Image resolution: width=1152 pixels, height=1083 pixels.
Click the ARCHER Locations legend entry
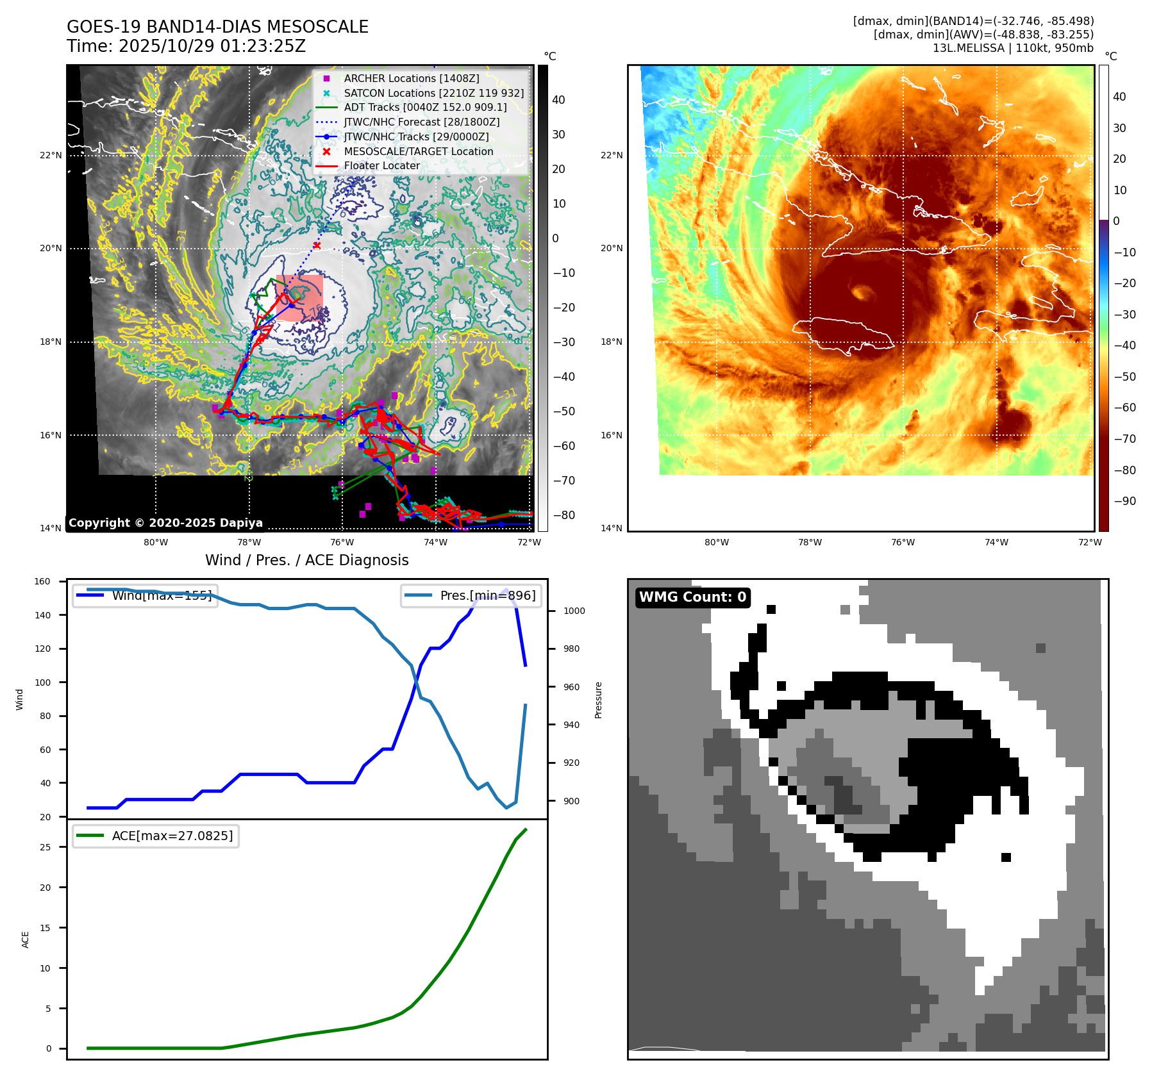tap(411, 78)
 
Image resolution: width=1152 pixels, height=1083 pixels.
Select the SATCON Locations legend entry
tap(433, 93)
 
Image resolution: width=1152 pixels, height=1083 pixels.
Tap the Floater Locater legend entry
tap(381, 165)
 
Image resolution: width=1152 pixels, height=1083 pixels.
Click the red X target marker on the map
tap(317, 245)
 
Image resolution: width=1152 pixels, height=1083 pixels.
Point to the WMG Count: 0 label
tap(692, 597)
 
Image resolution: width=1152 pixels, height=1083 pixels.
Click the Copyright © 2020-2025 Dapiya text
tap(165, 523)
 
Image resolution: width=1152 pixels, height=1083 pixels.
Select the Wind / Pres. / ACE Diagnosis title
tap(306, 560)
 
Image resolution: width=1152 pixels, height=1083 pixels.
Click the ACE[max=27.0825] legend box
tap(156, 836)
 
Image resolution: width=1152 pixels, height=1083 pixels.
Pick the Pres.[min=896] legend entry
tap(471, 595)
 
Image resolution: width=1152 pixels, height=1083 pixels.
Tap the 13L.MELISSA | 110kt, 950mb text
tap(1013, 48)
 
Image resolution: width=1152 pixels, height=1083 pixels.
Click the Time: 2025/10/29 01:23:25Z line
tap(186, 46)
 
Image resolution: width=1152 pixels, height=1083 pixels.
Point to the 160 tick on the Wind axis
tap(42, 581)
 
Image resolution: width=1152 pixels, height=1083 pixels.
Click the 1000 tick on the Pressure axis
tap(574, 611)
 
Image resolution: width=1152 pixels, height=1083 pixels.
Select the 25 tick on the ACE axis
tap(45, 847)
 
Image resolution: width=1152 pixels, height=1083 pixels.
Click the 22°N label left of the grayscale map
tap(51, 155)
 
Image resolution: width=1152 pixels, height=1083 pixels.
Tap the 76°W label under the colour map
tap(903, 542)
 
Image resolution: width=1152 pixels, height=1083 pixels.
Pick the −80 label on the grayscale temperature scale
tap(564, 515)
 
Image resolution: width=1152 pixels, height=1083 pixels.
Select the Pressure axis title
tap(598, 700)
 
